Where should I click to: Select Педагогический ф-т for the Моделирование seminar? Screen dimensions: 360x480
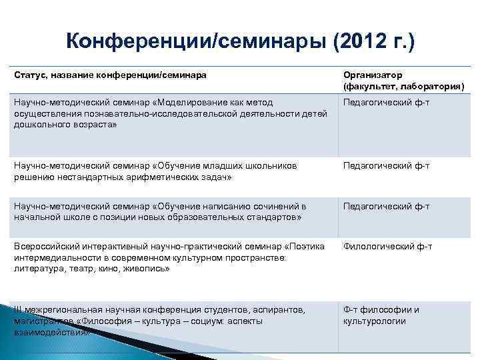click(x=386, y=102)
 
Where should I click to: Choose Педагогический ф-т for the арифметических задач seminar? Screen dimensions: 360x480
click(x=386, y=165)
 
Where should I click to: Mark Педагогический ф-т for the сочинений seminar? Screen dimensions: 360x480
click(x=386, y=206)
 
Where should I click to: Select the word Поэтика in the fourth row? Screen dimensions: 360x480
click(x=309, y=247)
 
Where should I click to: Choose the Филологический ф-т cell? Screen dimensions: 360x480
click(x=387, y=247)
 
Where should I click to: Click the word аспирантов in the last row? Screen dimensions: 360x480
click(x=276, y=310)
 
